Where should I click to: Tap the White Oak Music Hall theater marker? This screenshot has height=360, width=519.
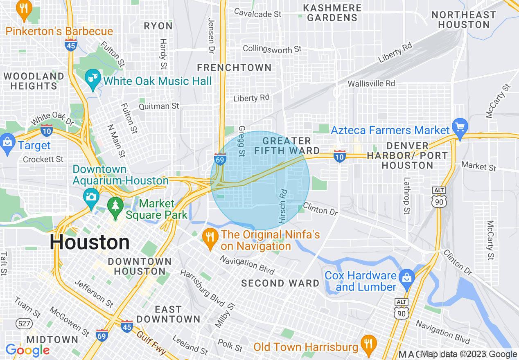tap(93, 79)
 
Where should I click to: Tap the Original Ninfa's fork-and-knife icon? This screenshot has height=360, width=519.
tap(210, 239)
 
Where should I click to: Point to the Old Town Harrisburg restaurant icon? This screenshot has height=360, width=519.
tap(369, 344)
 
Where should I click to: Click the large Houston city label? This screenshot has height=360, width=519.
tap(90, 243)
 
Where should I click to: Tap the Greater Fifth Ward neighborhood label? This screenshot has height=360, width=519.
tap(287, 146)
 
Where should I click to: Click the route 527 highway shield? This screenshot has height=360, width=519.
tap(23, 324)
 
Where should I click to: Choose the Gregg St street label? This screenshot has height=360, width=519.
tap(241, 141)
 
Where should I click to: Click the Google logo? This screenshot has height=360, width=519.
tap(27, 350)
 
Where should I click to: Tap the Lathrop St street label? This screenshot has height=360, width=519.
tap(406, 196)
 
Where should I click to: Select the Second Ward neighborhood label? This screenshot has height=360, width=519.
tap(280, 283)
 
